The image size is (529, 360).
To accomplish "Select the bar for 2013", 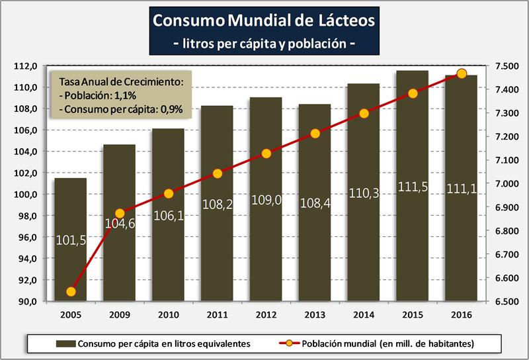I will pos(315,251).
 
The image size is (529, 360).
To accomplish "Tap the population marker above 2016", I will pos(462,73).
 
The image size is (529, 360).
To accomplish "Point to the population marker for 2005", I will pos(71,292).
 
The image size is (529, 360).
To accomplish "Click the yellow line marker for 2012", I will pos(266,154).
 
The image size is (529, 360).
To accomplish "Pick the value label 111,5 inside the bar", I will pos(413,187).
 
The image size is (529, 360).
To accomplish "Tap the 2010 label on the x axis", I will pos(169,314).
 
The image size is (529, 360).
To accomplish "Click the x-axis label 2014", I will pos(364,314).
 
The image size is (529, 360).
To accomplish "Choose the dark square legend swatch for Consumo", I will pos(65,343).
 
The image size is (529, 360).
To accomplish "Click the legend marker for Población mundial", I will pos(290,343).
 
